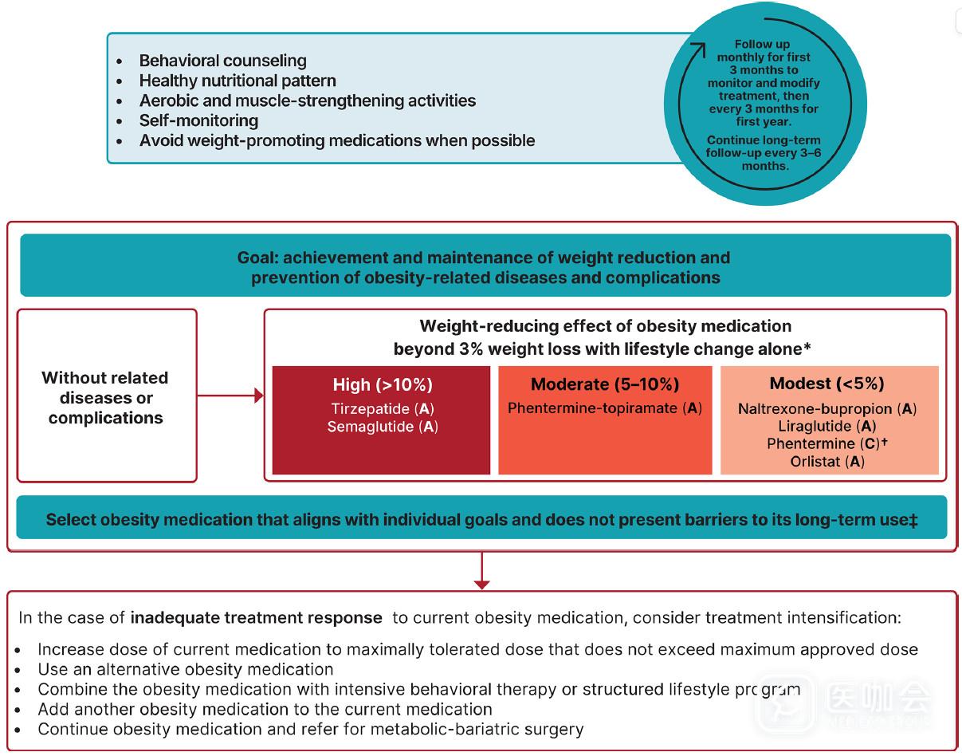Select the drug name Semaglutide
[371, 427]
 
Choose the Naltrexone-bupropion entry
[815, 409]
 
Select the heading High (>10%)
[383, 384]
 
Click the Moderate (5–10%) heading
[605, 384]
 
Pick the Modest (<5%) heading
[827, 384]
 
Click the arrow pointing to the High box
[257, 396]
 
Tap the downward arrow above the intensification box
[481, 582]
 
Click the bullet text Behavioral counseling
[222, 61]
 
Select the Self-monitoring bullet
[198, 120]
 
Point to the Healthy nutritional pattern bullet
[238, 81]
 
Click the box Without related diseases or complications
[107, 396]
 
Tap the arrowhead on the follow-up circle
[701, 47]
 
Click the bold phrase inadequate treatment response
[256, 618]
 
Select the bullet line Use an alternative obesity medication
[185, 669]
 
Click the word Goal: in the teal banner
[257, 258]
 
